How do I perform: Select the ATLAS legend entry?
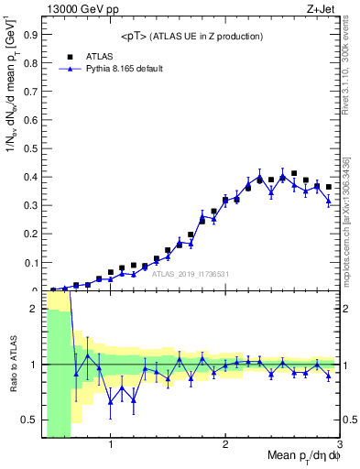click(x=99, y=56)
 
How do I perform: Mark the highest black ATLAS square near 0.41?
click(x=294, y=173)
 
